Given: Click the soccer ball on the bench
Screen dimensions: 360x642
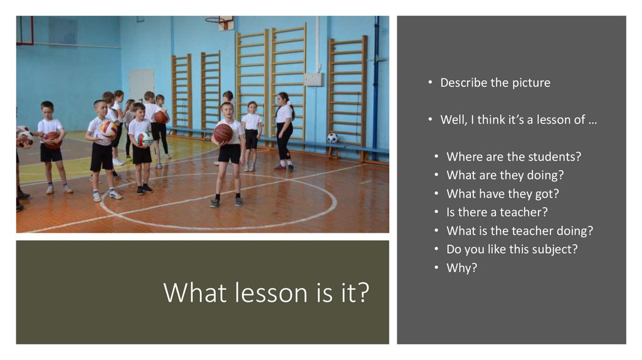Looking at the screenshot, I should click(332, 138).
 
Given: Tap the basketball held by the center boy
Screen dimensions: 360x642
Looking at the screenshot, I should click(223, 132).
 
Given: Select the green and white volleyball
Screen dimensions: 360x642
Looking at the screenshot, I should click(145, 138).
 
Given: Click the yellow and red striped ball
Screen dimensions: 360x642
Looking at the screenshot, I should click(109, 129).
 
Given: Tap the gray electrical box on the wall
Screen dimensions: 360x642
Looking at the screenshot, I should click(313, 79).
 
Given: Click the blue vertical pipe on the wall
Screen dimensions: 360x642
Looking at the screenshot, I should click(376, 82).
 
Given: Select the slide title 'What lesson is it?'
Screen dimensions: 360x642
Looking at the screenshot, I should click(266, 292).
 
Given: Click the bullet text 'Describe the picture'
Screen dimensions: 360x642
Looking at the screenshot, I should click(495, 83).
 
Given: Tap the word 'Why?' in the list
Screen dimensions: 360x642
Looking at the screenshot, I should click(461, 268).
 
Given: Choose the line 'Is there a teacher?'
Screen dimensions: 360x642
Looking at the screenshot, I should click(497, 212).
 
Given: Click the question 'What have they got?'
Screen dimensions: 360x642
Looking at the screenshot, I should click(502, 194).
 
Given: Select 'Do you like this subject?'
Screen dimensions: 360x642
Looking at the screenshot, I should click(512, 249).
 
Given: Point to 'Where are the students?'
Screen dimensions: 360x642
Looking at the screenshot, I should click(509, 157).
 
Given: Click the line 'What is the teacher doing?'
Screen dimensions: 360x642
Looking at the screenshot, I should click(519, 231).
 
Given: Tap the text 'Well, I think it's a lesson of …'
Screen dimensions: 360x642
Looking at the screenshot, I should click(518, 120).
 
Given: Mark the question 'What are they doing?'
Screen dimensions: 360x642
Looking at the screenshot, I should click(505, 175).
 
